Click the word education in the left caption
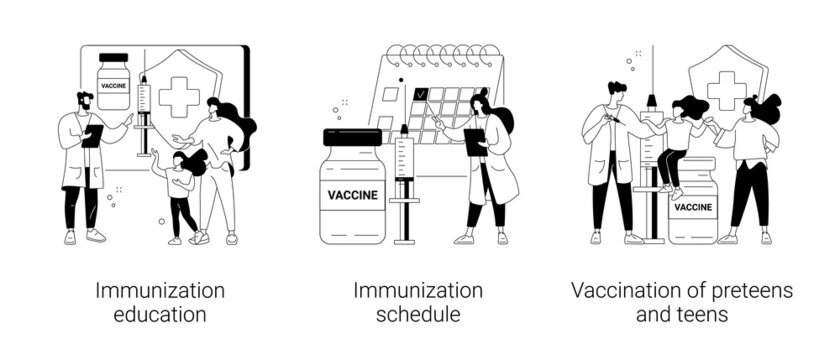pos(160,314)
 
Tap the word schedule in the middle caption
pos(418,314)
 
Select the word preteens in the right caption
pos(742,291)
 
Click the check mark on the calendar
pos(421,96)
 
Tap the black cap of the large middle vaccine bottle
pos(352,137)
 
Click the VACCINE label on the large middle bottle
pos(352,195)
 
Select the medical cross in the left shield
pos(180,96)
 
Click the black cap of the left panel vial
pos(114,59)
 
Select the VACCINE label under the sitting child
pos(695,208)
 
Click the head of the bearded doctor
pos(83,100)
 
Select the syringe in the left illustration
pos(143,110)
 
